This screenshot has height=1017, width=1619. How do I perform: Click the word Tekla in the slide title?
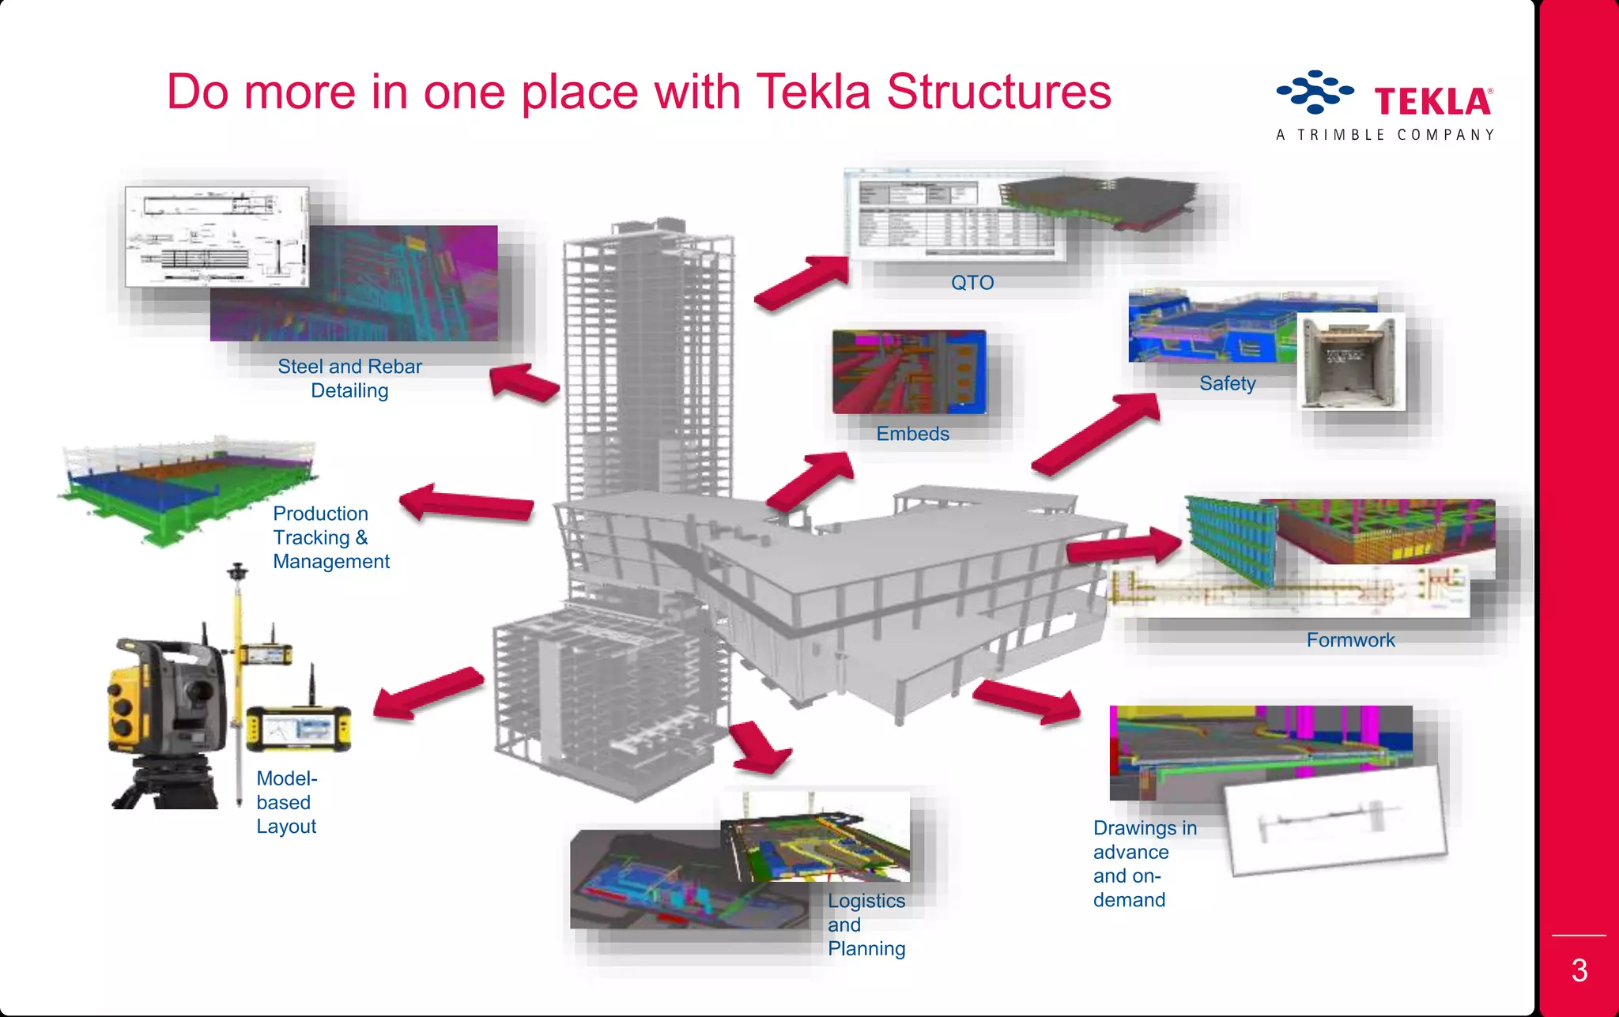[x=814, y=92]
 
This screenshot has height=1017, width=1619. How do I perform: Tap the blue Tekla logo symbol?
[x=1315, y=92]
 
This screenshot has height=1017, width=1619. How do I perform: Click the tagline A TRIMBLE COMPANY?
[x=1385, y=135]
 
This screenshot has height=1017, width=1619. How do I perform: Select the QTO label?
[x=972, y=283]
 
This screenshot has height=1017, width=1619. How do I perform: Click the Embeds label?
[x=912, y=434]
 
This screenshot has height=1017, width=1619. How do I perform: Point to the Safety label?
[x=1227, y=383]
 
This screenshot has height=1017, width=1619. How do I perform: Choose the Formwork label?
[x=1350, y=640]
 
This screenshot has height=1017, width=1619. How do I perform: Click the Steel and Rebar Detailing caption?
[x=349, y=379]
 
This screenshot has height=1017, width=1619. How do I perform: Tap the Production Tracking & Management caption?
[x=330, y=537]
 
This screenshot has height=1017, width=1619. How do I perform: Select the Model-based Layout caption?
[x=286, y=802]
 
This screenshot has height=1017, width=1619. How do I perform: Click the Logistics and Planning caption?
[x=866, y=925]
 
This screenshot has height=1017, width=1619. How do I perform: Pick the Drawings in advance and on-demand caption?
[x=1144, y=864]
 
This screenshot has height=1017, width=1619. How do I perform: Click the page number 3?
[x=1579, y=970]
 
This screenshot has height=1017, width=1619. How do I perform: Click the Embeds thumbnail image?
[x=909, y=372]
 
